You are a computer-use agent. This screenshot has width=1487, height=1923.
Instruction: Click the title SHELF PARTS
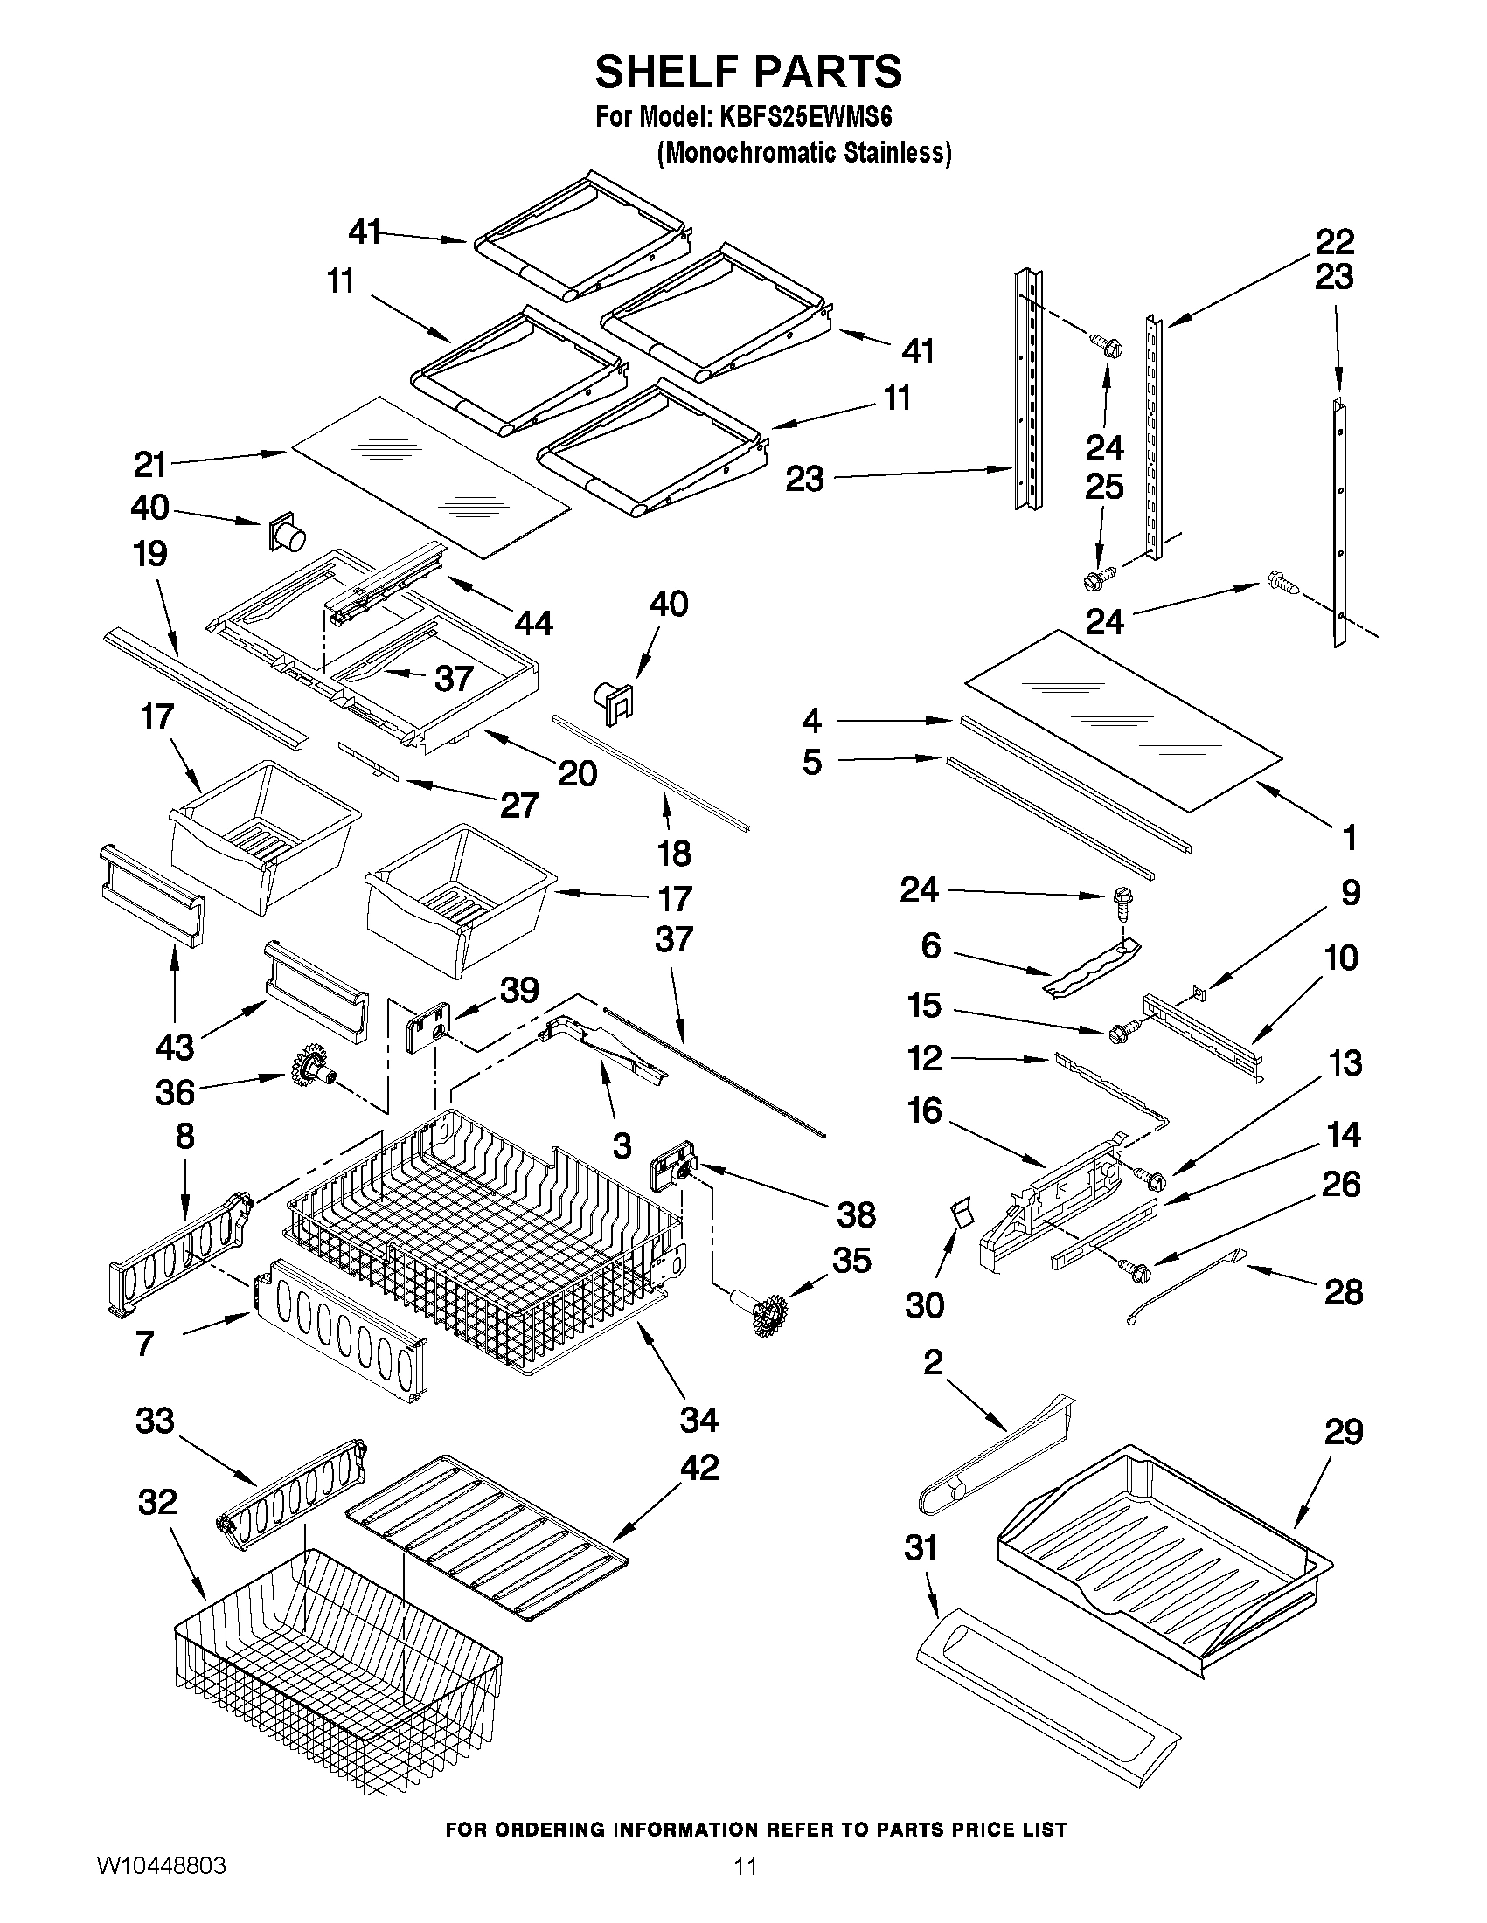pos(748,72)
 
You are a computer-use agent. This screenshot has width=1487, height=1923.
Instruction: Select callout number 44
pos(533,623)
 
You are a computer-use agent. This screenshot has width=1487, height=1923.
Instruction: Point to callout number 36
pos(175,1092)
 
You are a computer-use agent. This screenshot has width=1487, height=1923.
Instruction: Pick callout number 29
pos(1344,1433)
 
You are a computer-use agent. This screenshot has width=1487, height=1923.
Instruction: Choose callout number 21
pos(150,464)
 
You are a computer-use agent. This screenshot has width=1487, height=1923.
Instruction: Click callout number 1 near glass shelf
pos(1349,837)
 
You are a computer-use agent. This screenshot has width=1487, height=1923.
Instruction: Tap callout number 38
pos(855,1214)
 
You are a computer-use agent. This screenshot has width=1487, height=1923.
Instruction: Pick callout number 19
pos(150,554)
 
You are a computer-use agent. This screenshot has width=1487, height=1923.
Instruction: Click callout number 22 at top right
pos(1335,240)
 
